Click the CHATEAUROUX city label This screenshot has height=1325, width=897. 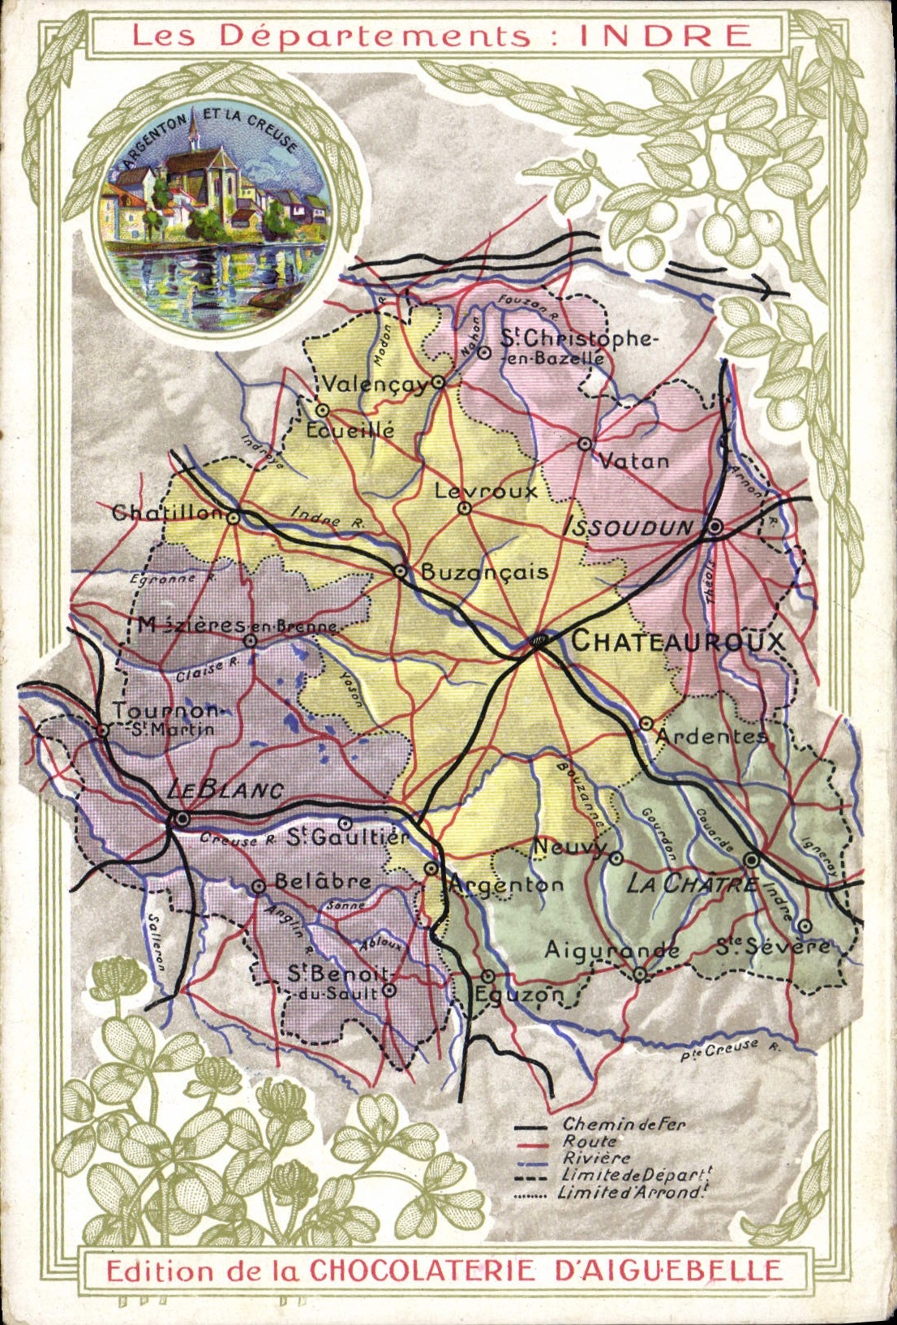678,641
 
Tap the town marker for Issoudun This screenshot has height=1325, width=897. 715,527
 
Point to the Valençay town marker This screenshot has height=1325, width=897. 439,381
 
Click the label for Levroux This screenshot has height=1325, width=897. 485,491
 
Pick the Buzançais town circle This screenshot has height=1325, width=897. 400,571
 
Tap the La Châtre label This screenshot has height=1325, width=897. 691,884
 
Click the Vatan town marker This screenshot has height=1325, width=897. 585,444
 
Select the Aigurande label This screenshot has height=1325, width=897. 612,949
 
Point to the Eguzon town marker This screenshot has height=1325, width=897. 487,976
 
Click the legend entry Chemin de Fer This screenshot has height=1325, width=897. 624,1125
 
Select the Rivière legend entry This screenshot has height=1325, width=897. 596,1159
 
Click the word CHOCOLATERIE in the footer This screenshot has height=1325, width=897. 422,1270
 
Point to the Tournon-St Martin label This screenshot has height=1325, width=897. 166,719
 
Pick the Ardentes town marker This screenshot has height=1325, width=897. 646,722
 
